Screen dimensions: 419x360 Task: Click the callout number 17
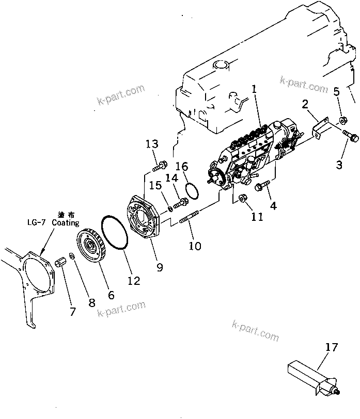[332, 347]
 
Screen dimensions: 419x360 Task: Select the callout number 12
[134, 280]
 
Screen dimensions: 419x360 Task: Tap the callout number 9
[160, 267]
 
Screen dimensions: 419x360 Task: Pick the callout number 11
[257, 216]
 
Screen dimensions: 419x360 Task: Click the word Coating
[66, 223]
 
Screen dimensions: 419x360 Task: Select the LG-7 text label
[36, 223]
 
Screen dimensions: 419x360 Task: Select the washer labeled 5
[342, 122]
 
